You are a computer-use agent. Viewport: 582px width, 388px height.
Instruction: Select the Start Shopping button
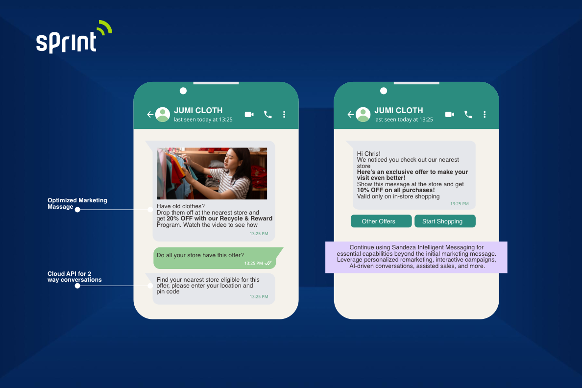click(445, 221)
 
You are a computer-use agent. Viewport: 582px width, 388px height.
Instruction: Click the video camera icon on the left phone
click(249, 115)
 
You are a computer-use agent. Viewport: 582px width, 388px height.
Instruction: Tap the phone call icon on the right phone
click(468, 115)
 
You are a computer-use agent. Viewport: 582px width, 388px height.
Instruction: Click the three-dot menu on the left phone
click(284, 115)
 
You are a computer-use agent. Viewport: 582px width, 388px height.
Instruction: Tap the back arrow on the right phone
click(350, 115)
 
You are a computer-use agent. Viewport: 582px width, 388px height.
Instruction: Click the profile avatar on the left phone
click(163, 115)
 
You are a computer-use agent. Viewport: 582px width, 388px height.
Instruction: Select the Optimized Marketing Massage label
click(77, 203)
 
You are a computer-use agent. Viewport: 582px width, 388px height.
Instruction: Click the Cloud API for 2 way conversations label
click(74, 277)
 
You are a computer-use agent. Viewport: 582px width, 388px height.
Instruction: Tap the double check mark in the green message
click(268, 264)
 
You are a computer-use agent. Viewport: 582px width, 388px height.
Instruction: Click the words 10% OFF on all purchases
click(396, 190)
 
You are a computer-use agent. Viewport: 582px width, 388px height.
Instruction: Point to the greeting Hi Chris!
click(368, 154)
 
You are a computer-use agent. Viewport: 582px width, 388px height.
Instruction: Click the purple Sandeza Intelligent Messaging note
click(416, 257)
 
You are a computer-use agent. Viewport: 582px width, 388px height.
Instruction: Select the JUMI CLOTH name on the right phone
click(398, 110)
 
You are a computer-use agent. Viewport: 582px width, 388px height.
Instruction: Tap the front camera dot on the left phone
click(183, 91)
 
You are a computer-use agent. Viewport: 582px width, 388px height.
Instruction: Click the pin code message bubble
click(214, 288)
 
